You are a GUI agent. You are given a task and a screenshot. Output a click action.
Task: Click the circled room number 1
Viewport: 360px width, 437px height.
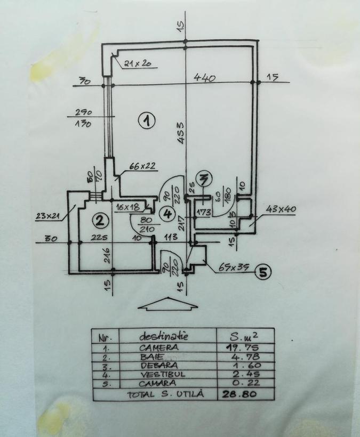click(x=146, y=121)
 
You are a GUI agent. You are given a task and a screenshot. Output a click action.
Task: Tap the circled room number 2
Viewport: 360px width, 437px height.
click(x=98, y=220)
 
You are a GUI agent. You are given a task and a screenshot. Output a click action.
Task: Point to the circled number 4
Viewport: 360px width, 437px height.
click(x=168, y=214)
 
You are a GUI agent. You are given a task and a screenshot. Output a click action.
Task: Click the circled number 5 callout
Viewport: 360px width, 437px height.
click(x=262, y=272)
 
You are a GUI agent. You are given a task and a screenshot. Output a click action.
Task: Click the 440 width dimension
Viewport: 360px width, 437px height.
click(x=204, y=78)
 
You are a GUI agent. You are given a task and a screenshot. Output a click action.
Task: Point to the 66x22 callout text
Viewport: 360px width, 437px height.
click(x=141, y=166)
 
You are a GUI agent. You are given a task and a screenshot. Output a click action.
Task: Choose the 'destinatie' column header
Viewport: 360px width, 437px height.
click(x=164, y=336)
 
